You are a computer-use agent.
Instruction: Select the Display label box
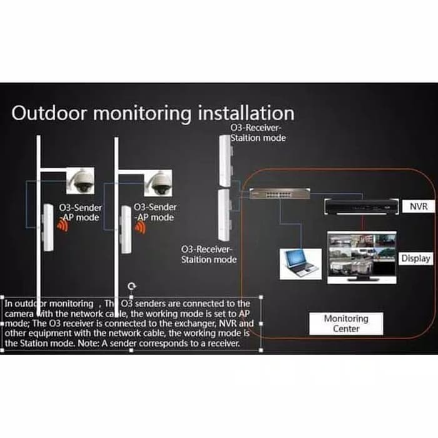coord(415,258)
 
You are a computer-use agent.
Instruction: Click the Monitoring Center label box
coord(346,323)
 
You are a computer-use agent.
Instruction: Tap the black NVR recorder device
coord(362,206)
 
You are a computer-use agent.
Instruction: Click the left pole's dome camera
coord(80,182)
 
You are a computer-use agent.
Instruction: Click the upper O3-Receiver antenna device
coord(224,160)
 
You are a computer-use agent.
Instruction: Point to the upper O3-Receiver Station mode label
coord(257,133)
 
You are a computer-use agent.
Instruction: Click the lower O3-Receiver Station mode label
coord(209,254)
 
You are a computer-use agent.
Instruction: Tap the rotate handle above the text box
coord(131,286)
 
